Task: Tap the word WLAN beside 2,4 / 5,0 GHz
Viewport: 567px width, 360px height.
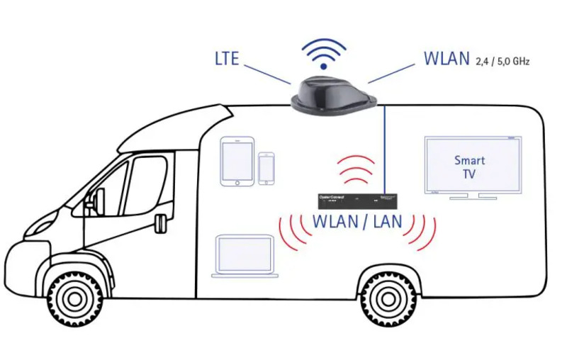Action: click(447, 57)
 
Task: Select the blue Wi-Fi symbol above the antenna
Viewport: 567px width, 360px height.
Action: click(324, 54)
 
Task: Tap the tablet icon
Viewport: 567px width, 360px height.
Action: click(236, 161)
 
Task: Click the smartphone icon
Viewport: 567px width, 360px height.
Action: click(266, 168)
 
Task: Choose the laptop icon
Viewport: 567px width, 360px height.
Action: click(245, 256)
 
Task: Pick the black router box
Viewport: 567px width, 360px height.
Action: click(354, 201)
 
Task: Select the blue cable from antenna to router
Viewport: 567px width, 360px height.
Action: click(383, 149)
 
